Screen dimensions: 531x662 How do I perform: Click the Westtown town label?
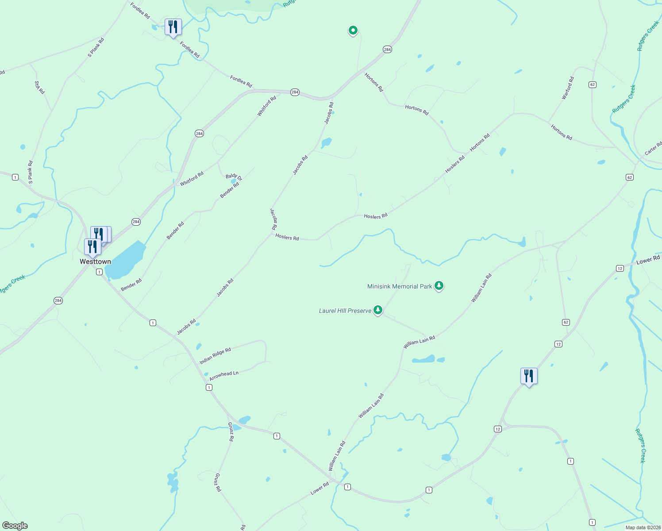click(95, 262)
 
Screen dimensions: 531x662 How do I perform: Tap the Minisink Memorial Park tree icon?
click(439, 286)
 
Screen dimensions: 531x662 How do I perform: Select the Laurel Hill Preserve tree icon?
click(378, 310)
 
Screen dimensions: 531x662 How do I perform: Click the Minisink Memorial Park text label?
click(400, 286)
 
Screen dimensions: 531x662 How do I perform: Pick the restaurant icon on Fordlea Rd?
click(173, 27)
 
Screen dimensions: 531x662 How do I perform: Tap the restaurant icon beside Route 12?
click(529, 376)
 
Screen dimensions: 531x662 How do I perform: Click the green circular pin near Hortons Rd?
click(353, 30)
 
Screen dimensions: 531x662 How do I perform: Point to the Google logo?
click(15, 526)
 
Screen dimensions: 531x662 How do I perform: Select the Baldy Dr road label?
click(234, 177)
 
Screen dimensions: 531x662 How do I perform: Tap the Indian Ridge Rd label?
click(215, 356)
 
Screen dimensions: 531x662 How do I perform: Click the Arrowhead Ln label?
click(224, 376)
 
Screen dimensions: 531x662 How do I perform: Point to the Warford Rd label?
click(568, 88)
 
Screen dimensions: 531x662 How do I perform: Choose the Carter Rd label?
click(654, 148)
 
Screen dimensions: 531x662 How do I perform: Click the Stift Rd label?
click(39, 87)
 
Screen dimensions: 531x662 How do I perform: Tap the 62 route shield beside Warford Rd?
click(593, 85)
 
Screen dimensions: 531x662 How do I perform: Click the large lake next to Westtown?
click(126, 261)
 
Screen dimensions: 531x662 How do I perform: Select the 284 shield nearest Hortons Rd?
click(387, 50)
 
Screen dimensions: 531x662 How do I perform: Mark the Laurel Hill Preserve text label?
click(345, 311)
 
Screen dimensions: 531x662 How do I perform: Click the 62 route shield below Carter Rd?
click(630, 177)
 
